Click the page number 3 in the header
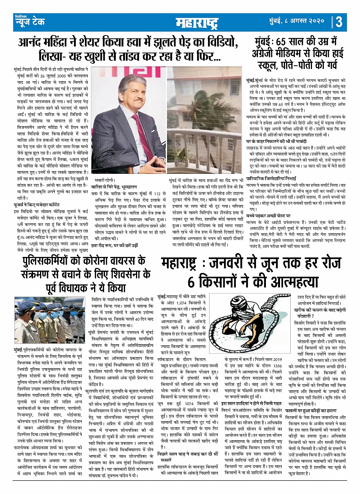pos(339,21)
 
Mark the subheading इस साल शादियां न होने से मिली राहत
pos(251,403)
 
